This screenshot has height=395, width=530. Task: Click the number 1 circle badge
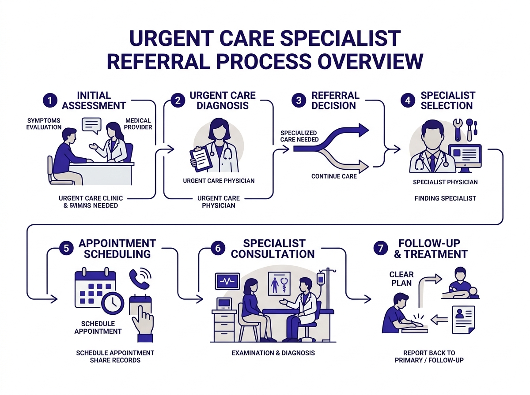pyautogui.click(x=50, y=101)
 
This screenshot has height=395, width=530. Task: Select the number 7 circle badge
pyautogui.click(x=379, y=248)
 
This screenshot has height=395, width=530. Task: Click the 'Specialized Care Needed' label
pyautogui.click(x=299, y=136)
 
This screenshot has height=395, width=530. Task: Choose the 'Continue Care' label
pyautogui.click(x=334, y=176)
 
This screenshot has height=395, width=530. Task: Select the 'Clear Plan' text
pyautogui.click(x=401, y=279)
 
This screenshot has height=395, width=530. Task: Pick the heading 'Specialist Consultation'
pyautogui.click(x=273, y=249)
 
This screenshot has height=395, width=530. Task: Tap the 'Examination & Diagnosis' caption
pyautogui.click(x=273, y=353)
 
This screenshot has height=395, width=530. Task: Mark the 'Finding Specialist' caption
pyautogui.click(x=445, y=198)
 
